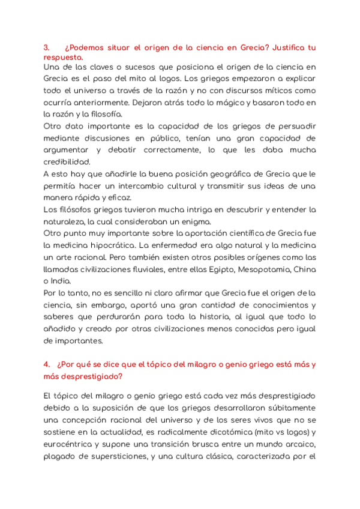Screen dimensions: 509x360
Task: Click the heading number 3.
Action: [x=46, y=47]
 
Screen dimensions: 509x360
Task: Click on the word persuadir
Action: [x=295, y=126]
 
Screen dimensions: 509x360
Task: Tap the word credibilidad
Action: [x=67, y=161]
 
